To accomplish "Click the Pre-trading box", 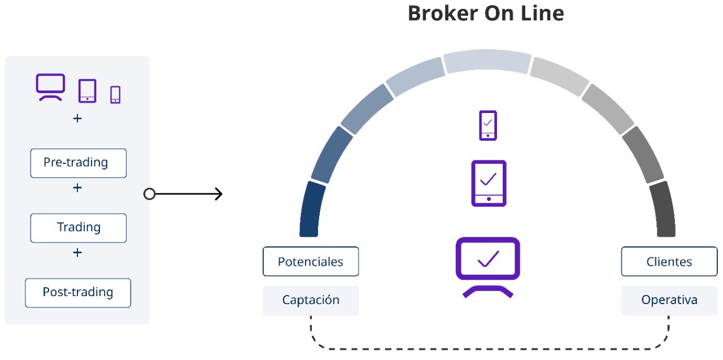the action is coord(79,163).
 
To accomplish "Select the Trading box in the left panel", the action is coord(79,228).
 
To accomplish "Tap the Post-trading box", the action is coord(78,293).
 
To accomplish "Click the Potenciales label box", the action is coord(311,262).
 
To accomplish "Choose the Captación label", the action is coord(311,301).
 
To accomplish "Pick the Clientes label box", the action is coord(669,262).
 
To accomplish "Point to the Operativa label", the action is coord(669,301).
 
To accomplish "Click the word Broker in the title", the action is coord(443,14).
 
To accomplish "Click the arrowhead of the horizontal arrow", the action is coord(219,194).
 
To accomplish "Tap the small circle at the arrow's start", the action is coord(150,194).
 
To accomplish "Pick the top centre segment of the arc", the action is coord(487,60).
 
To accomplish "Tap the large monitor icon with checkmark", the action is coord(487,267).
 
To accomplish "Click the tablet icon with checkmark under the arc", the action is coord(489,183).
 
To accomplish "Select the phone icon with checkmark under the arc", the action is coord(488,125).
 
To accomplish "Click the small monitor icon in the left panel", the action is coord(50,87).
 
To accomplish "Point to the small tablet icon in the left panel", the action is coord(88,91).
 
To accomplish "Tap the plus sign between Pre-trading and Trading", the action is coord(77,188).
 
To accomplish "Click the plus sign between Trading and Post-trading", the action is coord(77,253).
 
